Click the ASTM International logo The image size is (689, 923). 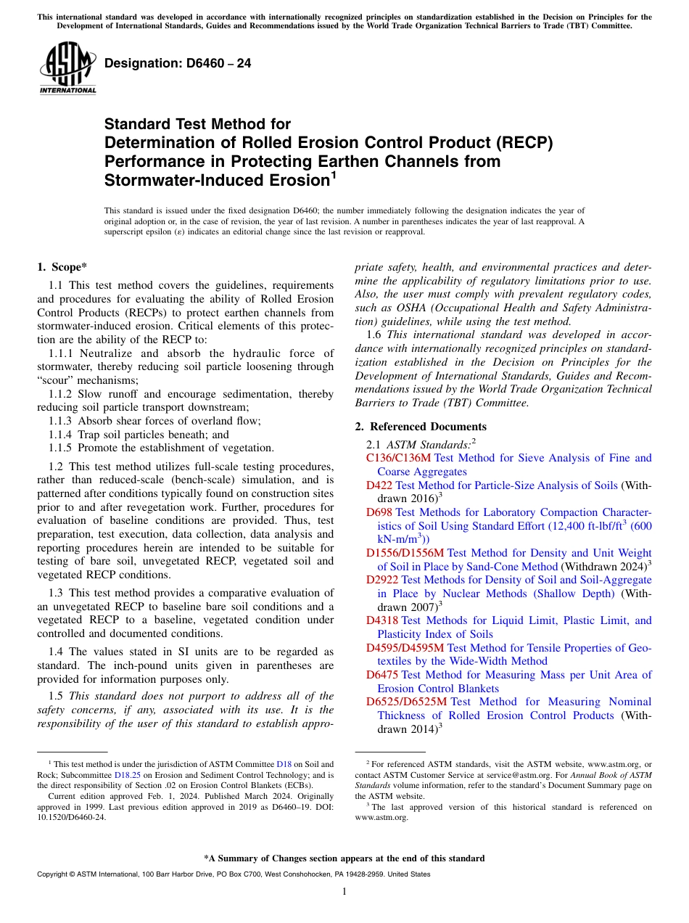pos(67,68)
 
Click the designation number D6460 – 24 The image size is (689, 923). pos(178,63)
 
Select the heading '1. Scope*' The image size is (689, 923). pos(63,267)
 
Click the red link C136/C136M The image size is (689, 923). pos(398,458)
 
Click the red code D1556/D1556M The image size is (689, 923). pos(405,553)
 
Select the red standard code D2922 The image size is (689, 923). pos(382,580)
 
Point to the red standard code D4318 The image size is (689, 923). pos(382,620)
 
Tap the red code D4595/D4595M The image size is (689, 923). pos(405,647)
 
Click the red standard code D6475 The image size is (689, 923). pos(382,675)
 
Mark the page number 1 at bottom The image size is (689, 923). pos(344,892)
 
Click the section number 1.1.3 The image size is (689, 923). pos(62,421)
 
